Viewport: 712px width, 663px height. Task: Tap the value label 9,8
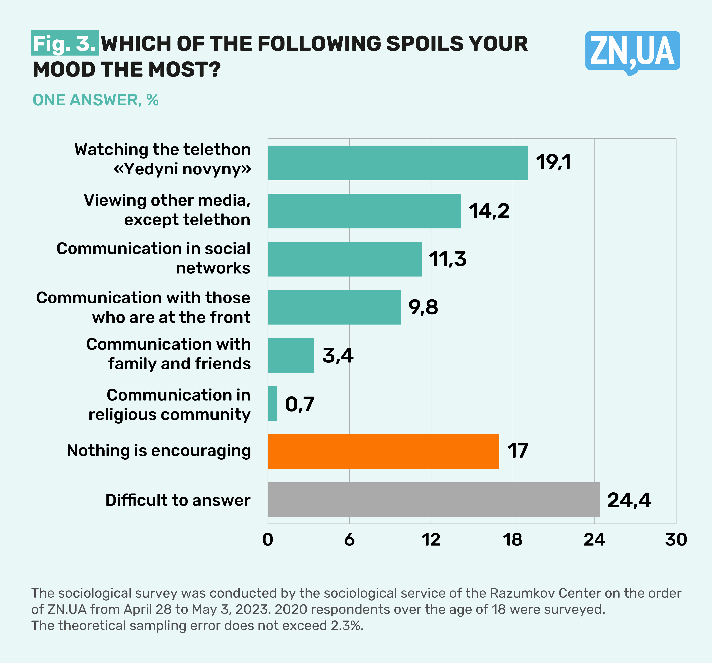(x=423, y=307)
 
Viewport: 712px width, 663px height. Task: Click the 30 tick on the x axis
(x=676, y=540)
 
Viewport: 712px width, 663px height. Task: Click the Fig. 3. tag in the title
(x=64, y=43)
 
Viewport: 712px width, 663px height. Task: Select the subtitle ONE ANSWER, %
(x=96, y=100)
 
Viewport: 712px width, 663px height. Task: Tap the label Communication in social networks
(x=153, y=258)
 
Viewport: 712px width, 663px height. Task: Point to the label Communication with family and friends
(x=168, y=354)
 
